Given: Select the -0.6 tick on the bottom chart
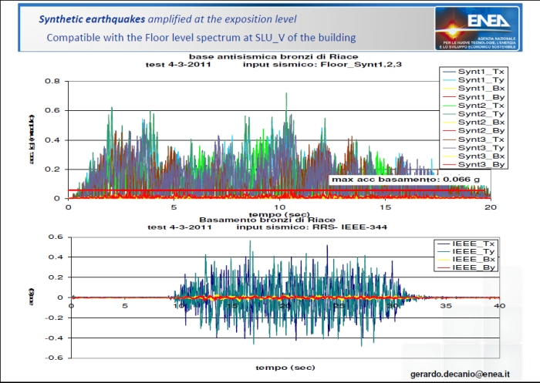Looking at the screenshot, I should click(56, 358).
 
